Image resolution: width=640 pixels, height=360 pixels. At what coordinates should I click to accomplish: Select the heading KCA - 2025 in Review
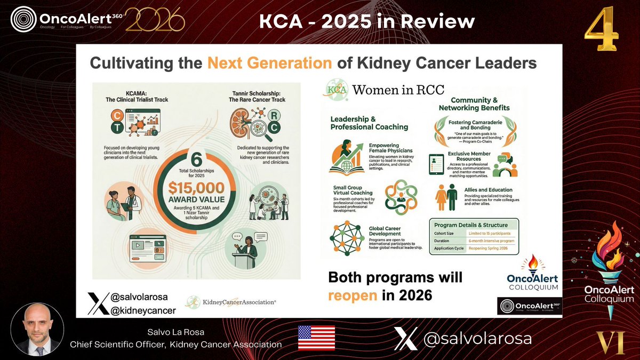366,22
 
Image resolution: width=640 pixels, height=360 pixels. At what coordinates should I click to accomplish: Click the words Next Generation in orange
269,62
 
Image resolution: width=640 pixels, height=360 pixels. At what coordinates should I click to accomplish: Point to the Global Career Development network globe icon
345,235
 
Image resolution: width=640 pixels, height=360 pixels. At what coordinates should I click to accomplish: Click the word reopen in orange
353,295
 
